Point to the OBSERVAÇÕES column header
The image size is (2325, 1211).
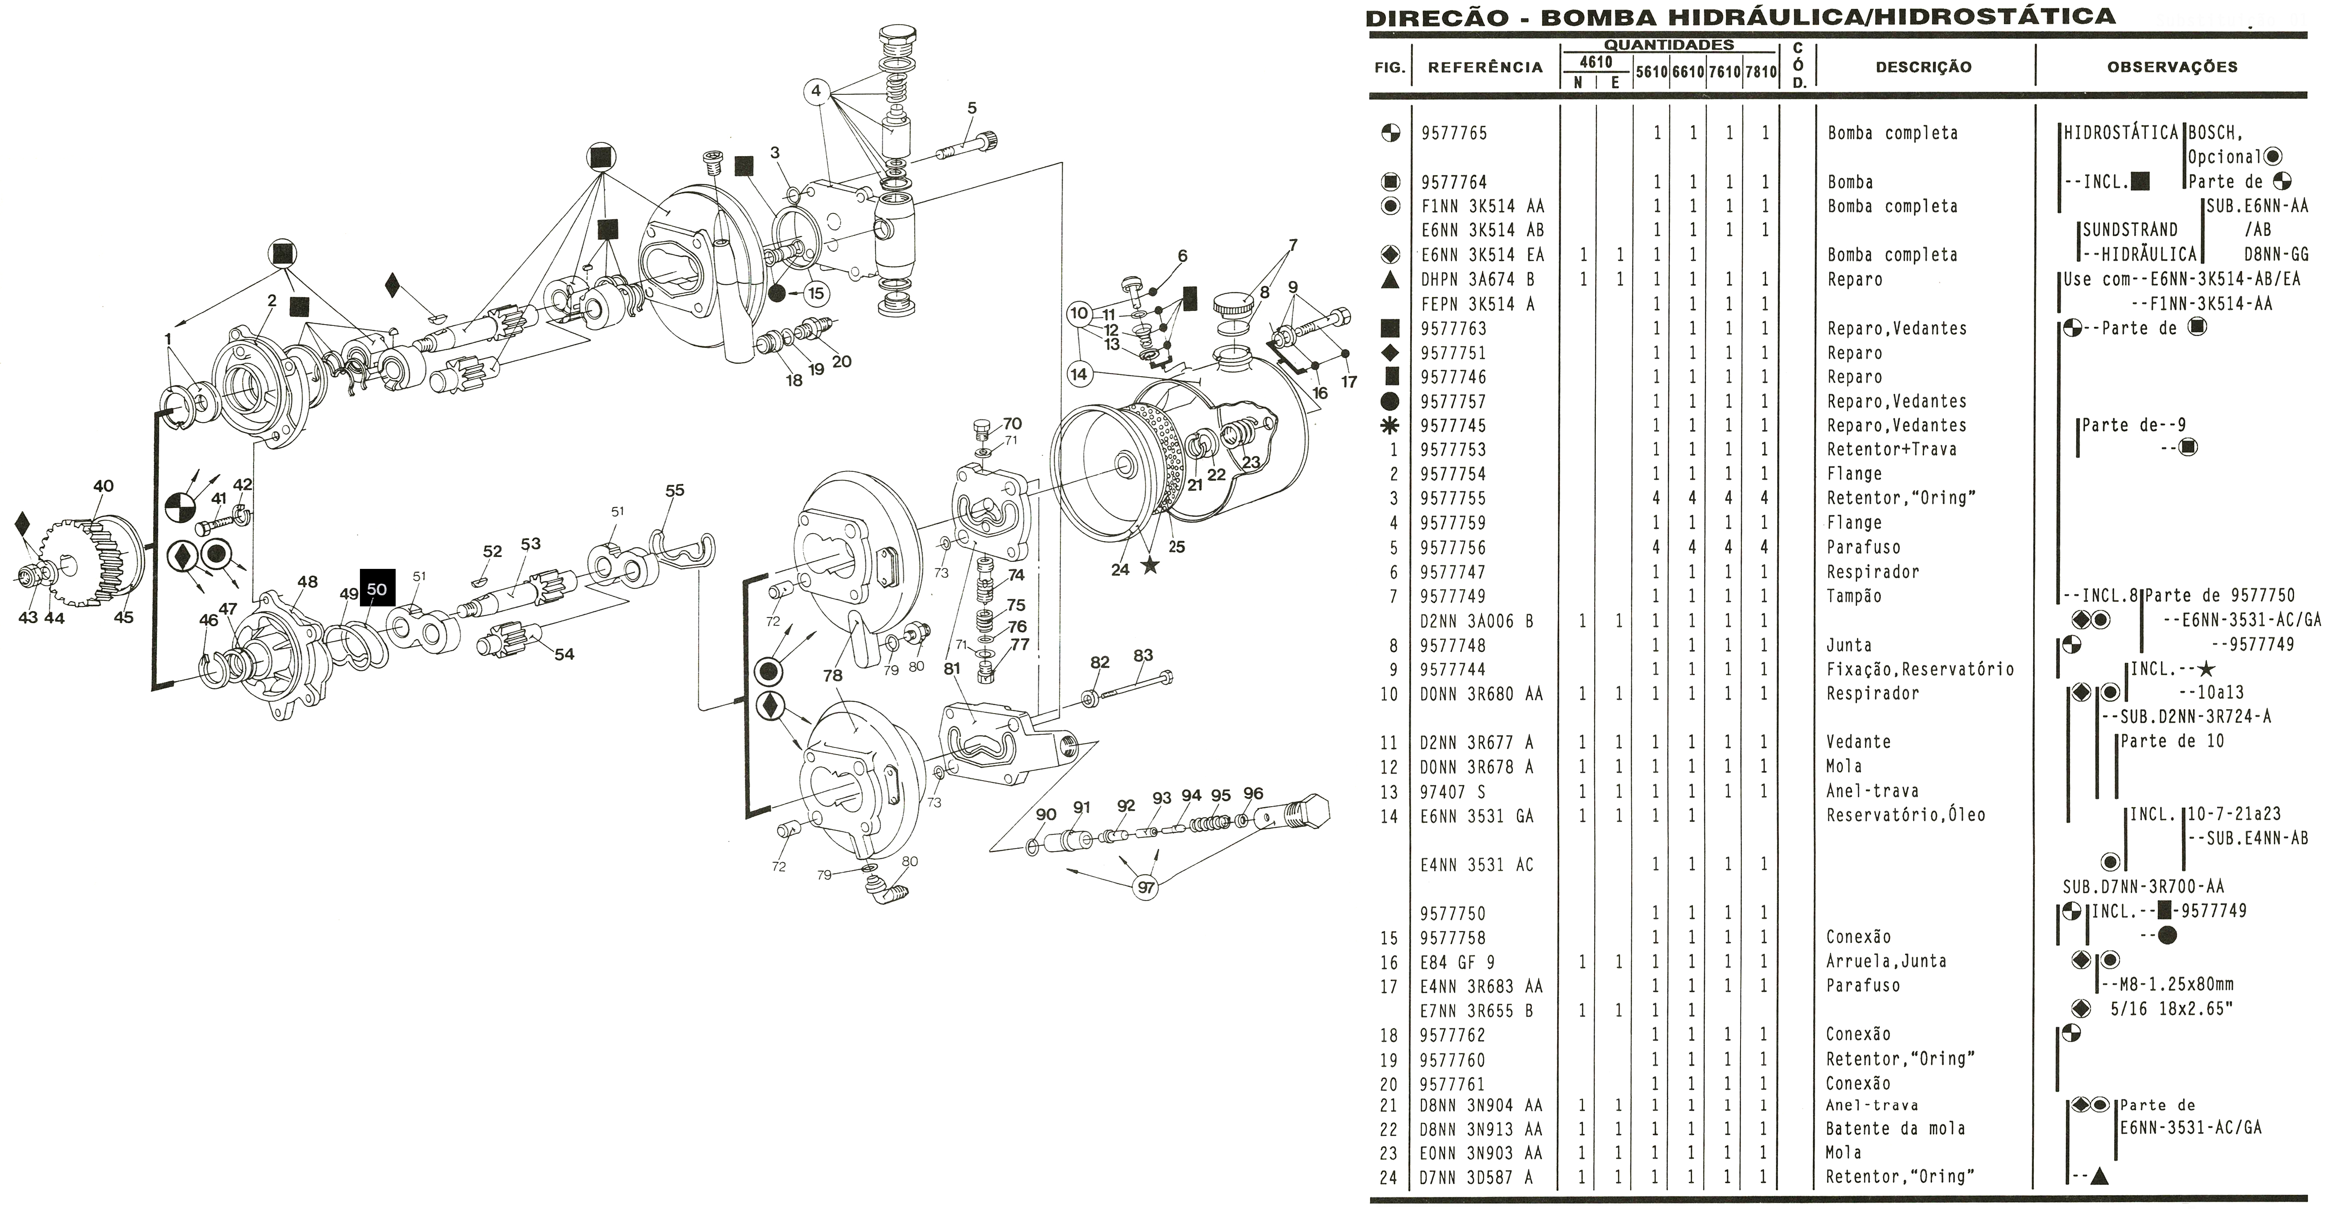tap(2171, 67)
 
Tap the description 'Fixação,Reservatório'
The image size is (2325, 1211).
tap(1920, 669)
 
